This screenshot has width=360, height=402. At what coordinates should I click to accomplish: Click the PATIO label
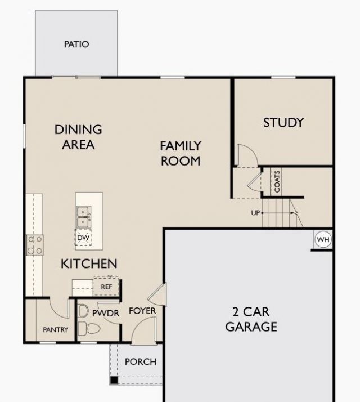(x=76, y=44)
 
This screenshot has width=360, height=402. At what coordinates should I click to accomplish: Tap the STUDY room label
(x=283, y=123)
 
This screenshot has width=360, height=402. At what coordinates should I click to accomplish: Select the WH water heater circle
(x=323, y=240)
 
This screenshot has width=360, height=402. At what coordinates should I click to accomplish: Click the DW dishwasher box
(x=83, y=238)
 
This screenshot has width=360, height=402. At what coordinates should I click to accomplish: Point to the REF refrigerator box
(x=106, y=287)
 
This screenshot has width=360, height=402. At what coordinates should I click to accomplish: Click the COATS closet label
(x=277, y=181)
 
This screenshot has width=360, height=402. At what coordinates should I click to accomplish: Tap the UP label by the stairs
(x=255, y=213)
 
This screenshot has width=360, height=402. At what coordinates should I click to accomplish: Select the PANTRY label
(x=55, y=330)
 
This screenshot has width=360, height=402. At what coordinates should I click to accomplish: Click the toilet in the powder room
(x=89, y=328)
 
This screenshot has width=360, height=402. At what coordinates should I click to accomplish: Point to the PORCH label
(x=141, y=362)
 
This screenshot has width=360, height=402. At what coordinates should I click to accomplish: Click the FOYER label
(x=142, y=311)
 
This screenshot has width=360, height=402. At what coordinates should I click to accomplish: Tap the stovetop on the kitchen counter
(x=35, y=245)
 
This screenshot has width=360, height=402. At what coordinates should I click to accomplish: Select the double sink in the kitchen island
(x=83, y=217)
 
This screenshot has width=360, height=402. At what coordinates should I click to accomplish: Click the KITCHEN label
(x=89, y=263)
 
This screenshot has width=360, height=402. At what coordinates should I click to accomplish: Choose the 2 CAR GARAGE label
(x=251, y=319)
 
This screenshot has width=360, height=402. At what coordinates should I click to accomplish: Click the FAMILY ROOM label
(x=181, y=153)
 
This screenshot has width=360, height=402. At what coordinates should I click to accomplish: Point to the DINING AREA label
(x=78, y=137)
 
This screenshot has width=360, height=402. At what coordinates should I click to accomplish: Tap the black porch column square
(x=114, y=380)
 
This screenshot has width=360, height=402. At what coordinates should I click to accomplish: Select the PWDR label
(x=106, y=313)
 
